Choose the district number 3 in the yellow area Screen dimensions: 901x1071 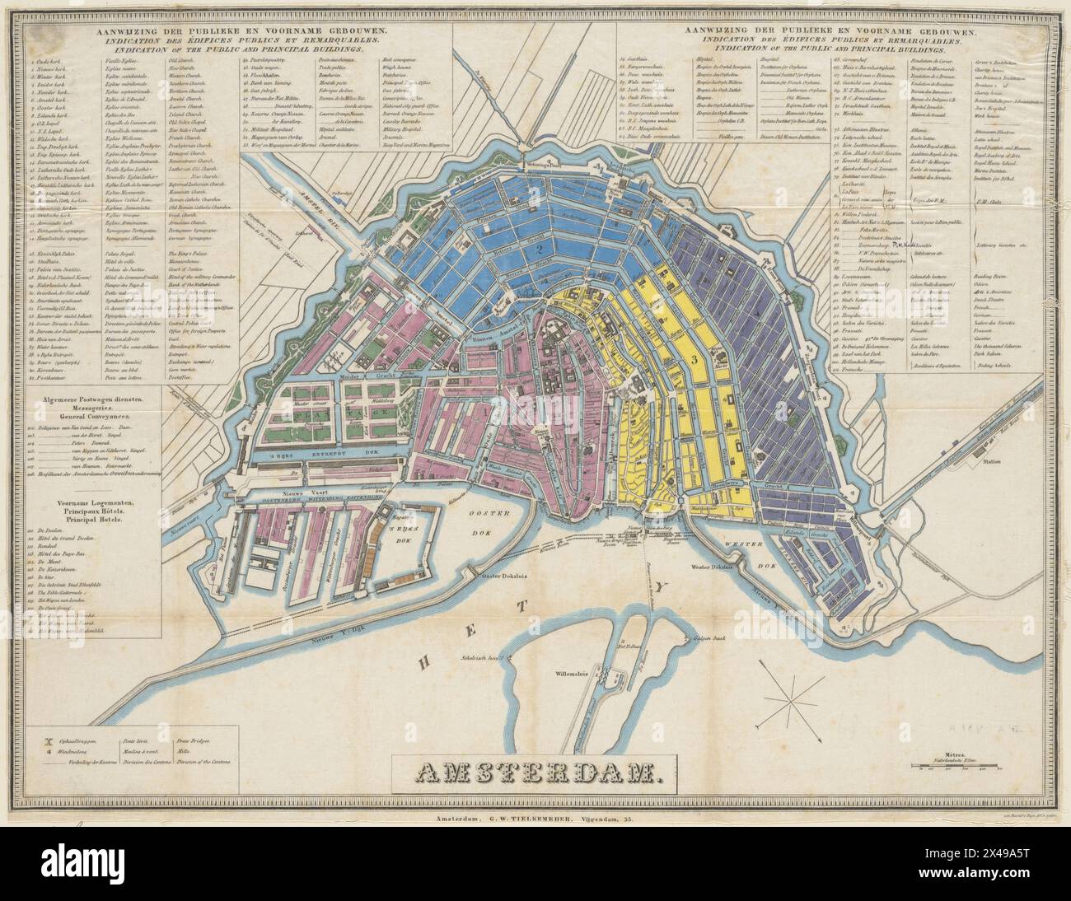pos(695,359)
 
